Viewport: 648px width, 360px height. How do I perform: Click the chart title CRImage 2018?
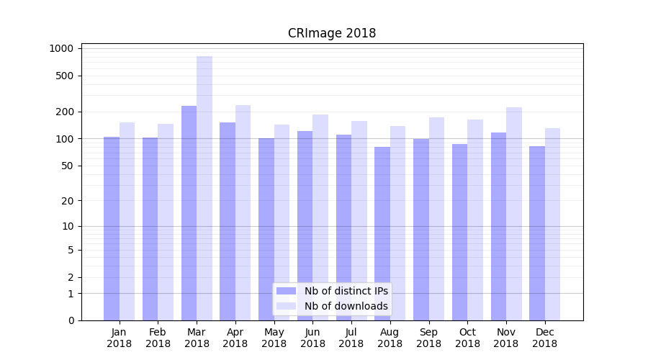(x=332, y=33)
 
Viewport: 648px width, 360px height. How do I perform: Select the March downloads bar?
(x=204, y=187)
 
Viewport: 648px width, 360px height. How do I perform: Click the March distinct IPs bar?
(x=189, y=212)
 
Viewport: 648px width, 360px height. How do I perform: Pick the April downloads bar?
(x=243, y=212)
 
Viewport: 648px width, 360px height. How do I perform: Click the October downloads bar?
(x=475, y=220)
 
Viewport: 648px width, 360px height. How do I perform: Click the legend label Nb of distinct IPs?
(x=346, y=291)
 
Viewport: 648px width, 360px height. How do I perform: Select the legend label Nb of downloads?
(x=346, y=306)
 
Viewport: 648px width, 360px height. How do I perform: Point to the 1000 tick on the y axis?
(x=62, y=48)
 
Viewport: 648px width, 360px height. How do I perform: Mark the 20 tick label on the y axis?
(x=68, y=201)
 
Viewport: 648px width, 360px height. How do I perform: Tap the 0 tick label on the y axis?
(x=71, y=320)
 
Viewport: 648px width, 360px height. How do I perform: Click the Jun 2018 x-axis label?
(x=312, y=338)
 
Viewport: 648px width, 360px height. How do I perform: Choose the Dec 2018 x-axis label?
(x=544, y=338)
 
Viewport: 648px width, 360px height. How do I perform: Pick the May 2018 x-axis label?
(x=274, y=338)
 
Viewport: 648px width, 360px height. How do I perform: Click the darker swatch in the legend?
(x=286, y=291)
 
